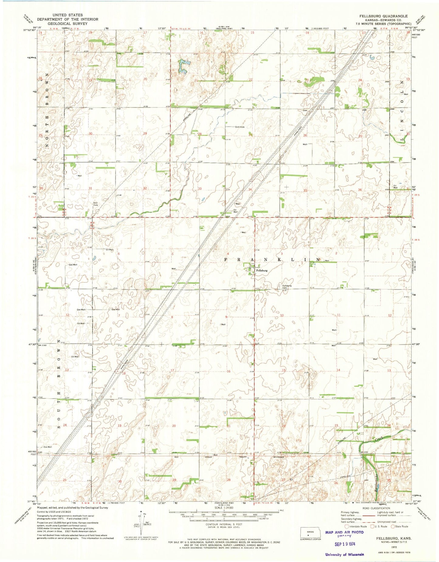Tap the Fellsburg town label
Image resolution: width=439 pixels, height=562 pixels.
[x=262, y=270]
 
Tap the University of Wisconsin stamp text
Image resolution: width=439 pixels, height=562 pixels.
[x=345, y=554]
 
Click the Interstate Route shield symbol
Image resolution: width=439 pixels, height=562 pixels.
[x=347, y=526]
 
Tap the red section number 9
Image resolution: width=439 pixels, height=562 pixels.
[x=226, y=317]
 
